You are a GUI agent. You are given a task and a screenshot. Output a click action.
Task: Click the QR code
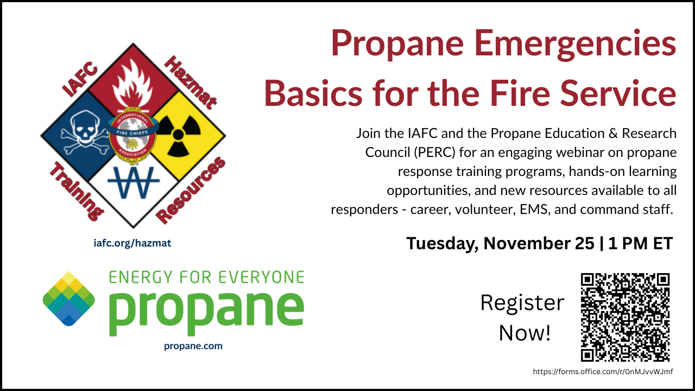coord(625,317)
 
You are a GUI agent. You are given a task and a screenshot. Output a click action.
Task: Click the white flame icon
coord(132,87)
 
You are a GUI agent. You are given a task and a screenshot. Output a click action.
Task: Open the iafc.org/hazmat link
coord(132,243)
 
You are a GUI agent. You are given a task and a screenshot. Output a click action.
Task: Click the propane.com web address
coord(193,346)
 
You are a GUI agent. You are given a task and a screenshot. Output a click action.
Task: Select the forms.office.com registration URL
coord(603,371)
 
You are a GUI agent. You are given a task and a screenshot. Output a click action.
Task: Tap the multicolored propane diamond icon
coord(69,298)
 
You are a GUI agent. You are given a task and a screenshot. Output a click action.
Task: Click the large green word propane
coord(206,310)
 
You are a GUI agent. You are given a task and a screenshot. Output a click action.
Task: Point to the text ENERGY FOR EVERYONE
coord(206,278)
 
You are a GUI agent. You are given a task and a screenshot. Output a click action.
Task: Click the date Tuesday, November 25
coord(500,243)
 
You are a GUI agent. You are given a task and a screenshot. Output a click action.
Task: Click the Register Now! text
coord(522,318)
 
